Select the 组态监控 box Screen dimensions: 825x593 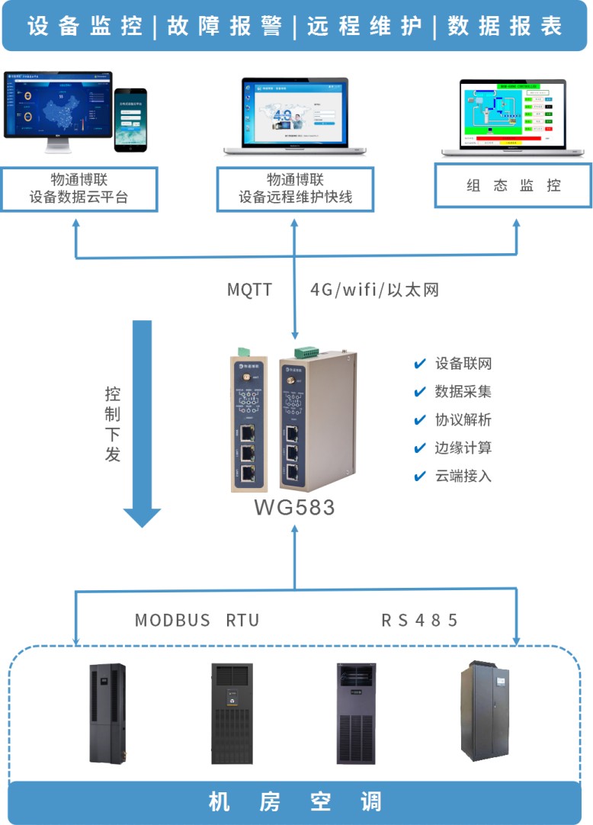pos(513,185)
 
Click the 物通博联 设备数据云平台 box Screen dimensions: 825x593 pos(79,189)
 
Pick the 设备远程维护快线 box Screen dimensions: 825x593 pos(296,189)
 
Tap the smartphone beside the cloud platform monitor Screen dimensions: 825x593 pos(130,120)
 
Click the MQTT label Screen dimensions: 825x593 pos(249,290)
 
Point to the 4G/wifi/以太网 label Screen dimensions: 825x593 pos(374,290)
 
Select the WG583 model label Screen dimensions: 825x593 pos(294,507)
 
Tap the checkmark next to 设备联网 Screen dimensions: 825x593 pos(419,364)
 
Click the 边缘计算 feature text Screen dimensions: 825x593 pos(463,448)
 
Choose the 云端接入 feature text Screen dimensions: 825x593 pos(463,476)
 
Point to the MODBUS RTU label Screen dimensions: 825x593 pos(197,620)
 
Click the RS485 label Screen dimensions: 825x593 pos(420,620)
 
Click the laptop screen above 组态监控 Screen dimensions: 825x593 pos(514,113)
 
